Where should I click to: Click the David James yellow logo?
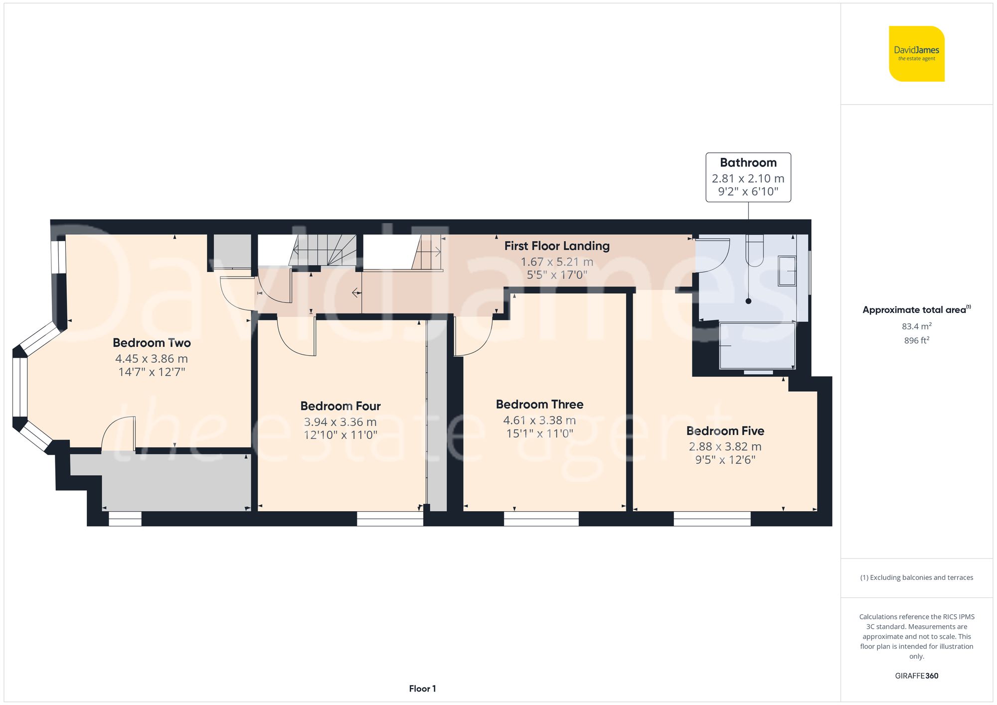click(916, 54)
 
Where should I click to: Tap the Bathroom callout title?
click(748, 162)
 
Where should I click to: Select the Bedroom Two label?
click(152, 343)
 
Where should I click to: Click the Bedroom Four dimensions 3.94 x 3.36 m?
click(340, 422)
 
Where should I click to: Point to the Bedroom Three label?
click(539, 404)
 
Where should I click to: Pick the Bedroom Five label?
click(725, 430)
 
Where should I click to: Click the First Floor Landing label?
click(557, 246)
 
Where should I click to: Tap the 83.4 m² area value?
click(916, 326)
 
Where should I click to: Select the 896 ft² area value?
click(916, 340)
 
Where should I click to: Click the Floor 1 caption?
click(422, 689)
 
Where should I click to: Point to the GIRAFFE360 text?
click(916, 676)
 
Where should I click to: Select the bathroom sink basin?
click(787, 271)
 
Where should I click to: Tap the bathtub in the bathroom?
click(757, 346)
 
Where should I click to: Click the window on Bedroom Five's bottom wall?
click(712, 519)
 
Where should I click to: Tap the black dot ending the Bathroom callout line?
click(748, 301)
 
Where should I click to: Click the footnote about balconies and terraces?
click(916, 577)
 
